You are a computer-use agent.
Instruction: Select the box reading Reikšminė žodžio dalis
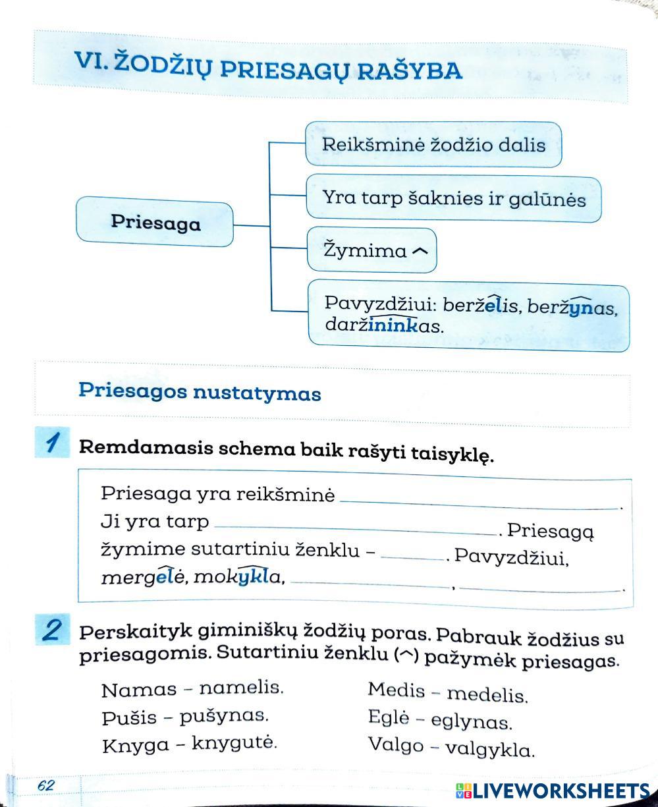[433, 144]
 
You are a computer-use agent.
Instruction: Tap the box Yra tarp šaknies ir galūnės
[453, 198]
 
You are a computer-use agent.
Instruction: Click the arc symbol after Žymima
[420, 251]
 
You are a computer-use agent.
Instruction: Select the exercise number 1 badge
[52, 442]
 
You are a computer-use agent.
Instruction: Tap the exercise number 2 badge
[52, 631]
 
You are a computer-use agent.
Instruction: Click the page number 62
[46, 785]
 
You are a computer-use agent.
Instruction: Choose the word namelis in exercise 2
[241, 688]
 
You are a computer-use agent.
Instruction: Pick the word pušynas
[224, 716]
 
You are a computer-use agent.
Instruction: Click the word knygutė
[234, 744]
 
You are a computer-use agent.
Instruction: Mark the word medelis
[487, 694]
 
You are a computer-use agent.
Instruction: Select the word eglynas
[471, 721]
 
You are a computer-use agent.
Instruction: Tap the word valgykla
[489, 749]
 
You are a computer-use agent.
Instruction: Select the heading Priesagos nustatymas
[200, 393]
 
